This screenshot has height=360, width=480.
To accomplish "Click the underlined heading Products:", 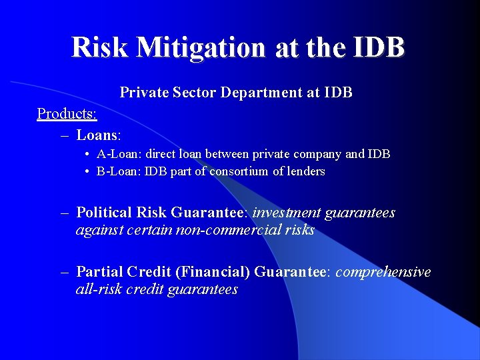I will click(67, 113).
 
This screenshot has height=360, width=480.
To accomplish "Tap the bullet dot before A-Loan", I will click(88, 155).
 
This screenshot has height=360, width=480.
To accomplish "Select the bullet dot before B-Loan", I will click(88, 172).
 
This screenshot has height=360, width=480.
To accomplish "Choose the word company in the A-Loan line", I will click(312, 154).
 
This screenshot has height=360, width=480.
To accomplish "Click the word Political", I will click(104, 213).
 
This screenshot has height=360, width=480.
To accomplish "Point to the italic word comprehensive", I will click(383, 272).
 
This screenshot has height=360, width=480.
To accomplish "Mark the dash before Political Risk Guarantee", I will click(65, 213).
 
